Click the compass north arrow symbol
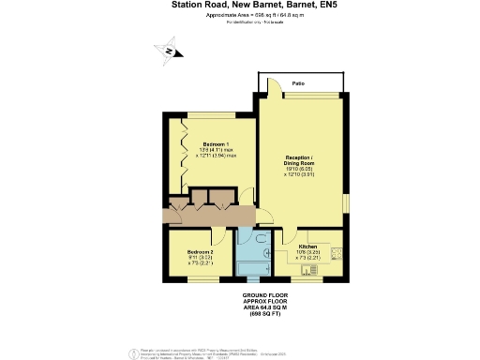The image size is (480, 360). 168,52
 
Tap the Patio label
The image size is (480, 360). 297,84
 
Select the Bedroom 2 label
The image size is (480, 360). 201,252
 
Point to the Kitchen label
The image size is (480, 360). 308,246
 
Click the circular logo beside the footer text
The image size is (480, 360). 130,351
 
